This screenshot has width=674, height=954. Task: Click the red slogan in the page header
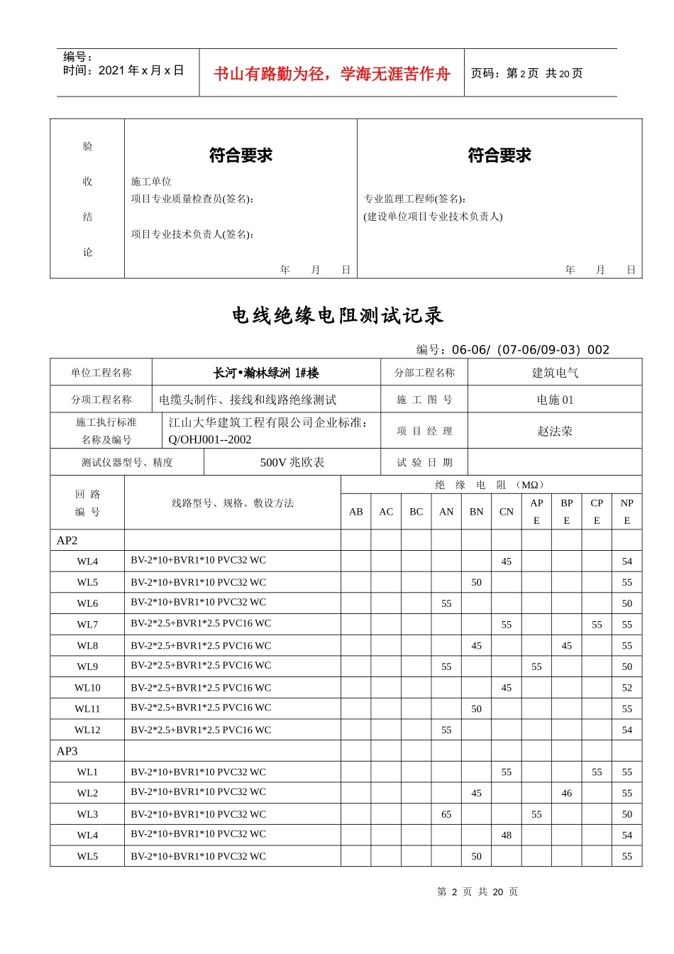pos(331,74)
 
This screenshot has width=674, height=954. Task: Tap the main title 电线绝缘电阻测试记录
pos(338,316)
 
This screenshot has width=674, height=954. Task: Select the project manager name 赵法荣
pos(555,431)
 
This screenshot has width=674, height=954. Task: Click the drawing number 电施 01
pos(555,400)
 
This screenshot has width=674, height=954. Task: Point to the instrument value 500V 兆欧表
pos(292,462)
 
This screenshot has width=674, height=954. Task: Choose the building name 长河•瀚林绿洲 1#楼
pos(266,373)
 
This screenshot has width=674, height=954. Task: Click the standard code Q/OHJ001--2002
pos(210,440)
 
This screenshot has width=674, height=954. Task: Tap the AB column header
pos(356,512)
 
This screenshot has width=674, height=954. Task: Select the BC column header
pos(416,512)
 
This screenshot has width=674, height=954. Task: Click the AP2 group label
pos(67,541)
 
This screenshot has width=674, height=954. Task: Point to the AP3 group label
pos(67,751)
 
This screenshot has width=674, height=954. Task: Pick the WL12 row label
pos(87,730)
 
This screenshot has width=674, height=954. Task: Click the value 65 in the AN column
pos(446,814)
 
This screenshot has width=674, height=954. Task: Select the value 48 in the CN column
pos(507,835)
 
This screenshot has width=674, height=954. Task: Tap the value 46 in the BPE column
pos(567,793)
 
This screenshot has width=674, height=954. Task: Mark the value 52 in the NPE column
pos(627,688)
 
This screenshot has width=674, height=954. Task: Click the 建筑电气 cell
pos(555,373)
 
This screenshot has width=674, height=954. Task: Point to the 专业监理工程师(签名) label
pos(415,199)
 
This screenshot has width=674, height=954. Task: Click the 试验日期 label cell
pos(424,462)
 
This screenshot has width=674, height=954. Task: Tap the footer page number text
pos(477,892)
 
